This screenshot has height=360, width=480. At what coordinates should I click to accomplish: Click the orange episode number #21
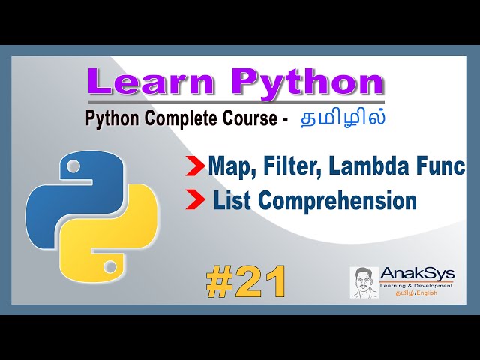point(246,283)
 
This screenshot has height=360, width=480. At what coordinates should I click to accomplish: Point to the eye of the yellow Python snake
point(110,265)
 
